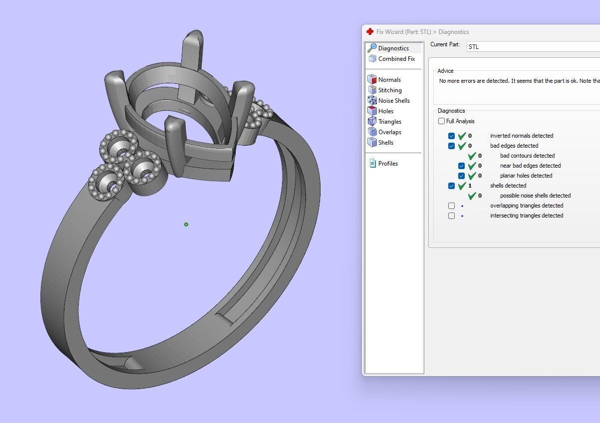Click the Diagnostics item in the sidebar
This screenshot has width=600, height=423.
[393, 48]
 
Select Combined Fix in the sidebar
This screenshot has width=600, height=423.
[396, 59]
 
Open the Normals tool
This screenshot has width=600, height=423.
[389, 80]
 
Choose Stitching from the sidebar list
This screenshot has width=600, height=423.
[389, 90]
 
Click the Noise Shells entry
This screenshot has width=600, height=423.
[393, 101]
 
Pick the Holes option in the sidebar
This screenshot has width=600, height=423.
[385, 111]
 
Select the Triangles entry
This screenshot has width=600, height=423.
[389, 122]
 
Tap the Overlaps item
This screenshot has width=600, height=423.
[389, 132]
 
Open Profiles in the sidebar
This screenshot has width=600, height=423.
[387, 164]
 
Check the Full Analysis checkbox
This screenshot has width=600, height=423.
[441, 121]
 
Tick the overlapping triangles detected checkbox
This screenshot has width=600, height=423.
[451, 206]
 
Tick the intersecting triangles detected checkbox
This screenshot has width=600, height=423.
[451, 215]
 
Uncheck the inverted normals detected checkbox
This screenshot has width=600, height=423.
[451, 136]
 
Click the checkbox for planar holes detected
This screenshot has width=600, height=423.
[461, 176]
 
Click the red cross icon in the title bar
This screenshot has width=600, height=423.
[370, 32]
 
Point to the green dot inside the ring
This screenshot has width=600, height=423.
[186, 224]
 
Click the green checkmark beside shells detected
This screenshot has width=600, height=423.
[462, 186]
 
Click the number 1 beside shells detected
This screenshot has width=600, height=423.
[470, 186]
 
